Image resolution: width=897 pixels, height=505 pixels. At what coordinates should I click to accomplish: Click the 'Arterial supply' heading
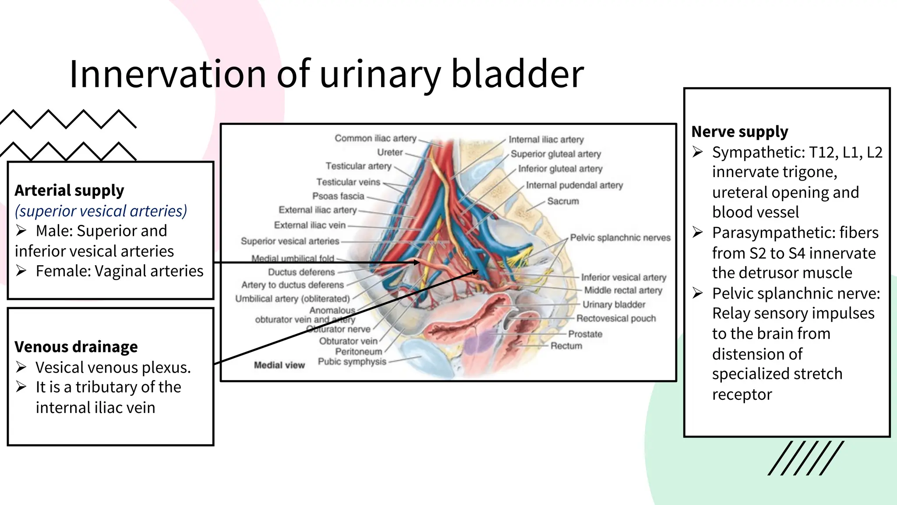pos(69,191)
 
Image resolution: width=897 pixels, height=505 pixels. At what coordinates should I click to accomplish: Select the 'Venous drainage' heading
pos(76,347)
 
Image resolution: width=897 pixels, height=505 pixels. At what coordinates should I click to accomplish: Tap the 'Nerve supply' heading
pos(740,132)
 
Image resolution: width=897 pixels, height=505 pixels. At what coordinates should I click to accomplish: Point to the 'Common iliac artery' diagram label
pos(375,138)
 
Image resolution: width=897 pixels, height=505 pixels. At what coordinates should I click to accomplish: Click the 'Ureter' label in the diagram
pos(390,152)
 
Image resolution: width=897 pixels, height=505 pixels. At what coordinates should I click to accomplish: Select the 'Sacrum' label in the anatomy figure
pos(563,201)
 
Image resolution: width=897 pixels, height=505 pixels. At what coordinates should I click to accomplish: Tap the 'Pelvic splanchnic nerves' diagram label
pos(620,238)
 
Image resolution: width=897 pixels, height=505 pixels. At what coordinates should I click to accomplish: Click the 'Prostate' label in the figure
pos(585,334)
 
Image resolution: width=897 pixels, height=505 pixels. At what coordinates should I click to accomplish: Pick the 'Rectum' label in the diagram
pos(566,346)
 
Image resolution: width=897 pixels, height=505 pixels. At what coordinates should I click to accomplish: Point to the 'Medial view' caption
pos(279,365)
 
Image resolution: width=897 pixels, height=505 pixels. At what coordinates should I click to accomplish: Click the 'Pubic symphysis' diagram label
pos(352,362)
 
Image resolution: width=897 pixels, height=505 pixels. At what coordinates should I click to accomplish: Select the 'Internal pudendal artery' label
pos(574,185)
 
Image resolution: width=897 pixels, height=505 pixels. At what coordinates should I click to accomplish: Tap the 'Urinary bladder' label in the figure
pos(614,304)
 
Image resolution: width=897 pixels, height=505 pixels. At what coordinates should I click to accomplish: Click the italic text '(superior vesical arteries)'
pos(101,211)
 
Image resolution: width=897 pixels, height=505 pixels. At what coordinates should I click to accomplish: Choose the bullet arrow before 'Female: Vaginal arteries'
pos(21,271)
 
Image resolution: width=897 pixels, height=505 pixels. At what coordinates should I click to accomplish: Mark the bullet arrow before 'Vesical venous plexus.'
pos(21,367)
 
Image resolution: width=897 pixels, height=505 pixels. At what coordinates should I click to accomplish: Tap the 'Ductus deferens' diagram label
pos(301,272)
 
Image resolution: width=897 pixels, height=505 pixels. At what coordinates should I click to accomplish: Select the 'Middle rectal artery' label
pos(623,290)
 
